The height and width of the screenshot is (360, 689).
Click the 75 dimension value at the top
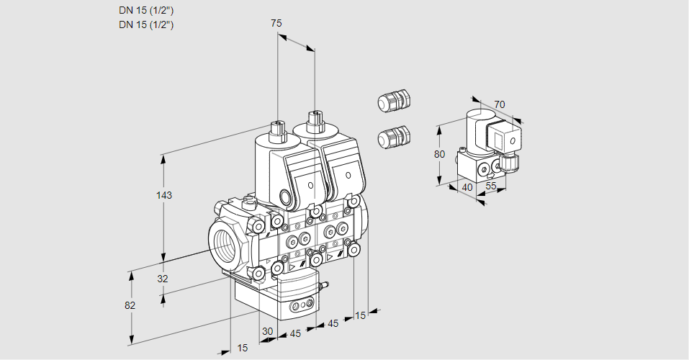pyautogui.click(x=276, y=24)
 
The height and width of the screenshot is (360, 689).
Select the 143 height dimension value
pyautogui.click(x=166, y=195)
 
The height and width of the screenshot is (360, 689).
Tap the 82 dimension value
pyautogui.click(x=130, y=305)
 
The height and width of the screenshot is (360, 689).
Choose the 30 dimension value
pyautogui.click(x=267, y=332)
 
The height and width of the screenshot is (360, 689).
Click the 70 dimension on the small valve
pyautogui.click(x=500, y=105)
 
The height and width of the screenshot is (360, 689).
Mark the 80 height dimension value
pyautogui.click(x=441, y=154)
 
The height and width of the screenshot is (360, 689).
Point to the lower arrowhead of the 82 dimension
pyautogui.click(x=132, y=340)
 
